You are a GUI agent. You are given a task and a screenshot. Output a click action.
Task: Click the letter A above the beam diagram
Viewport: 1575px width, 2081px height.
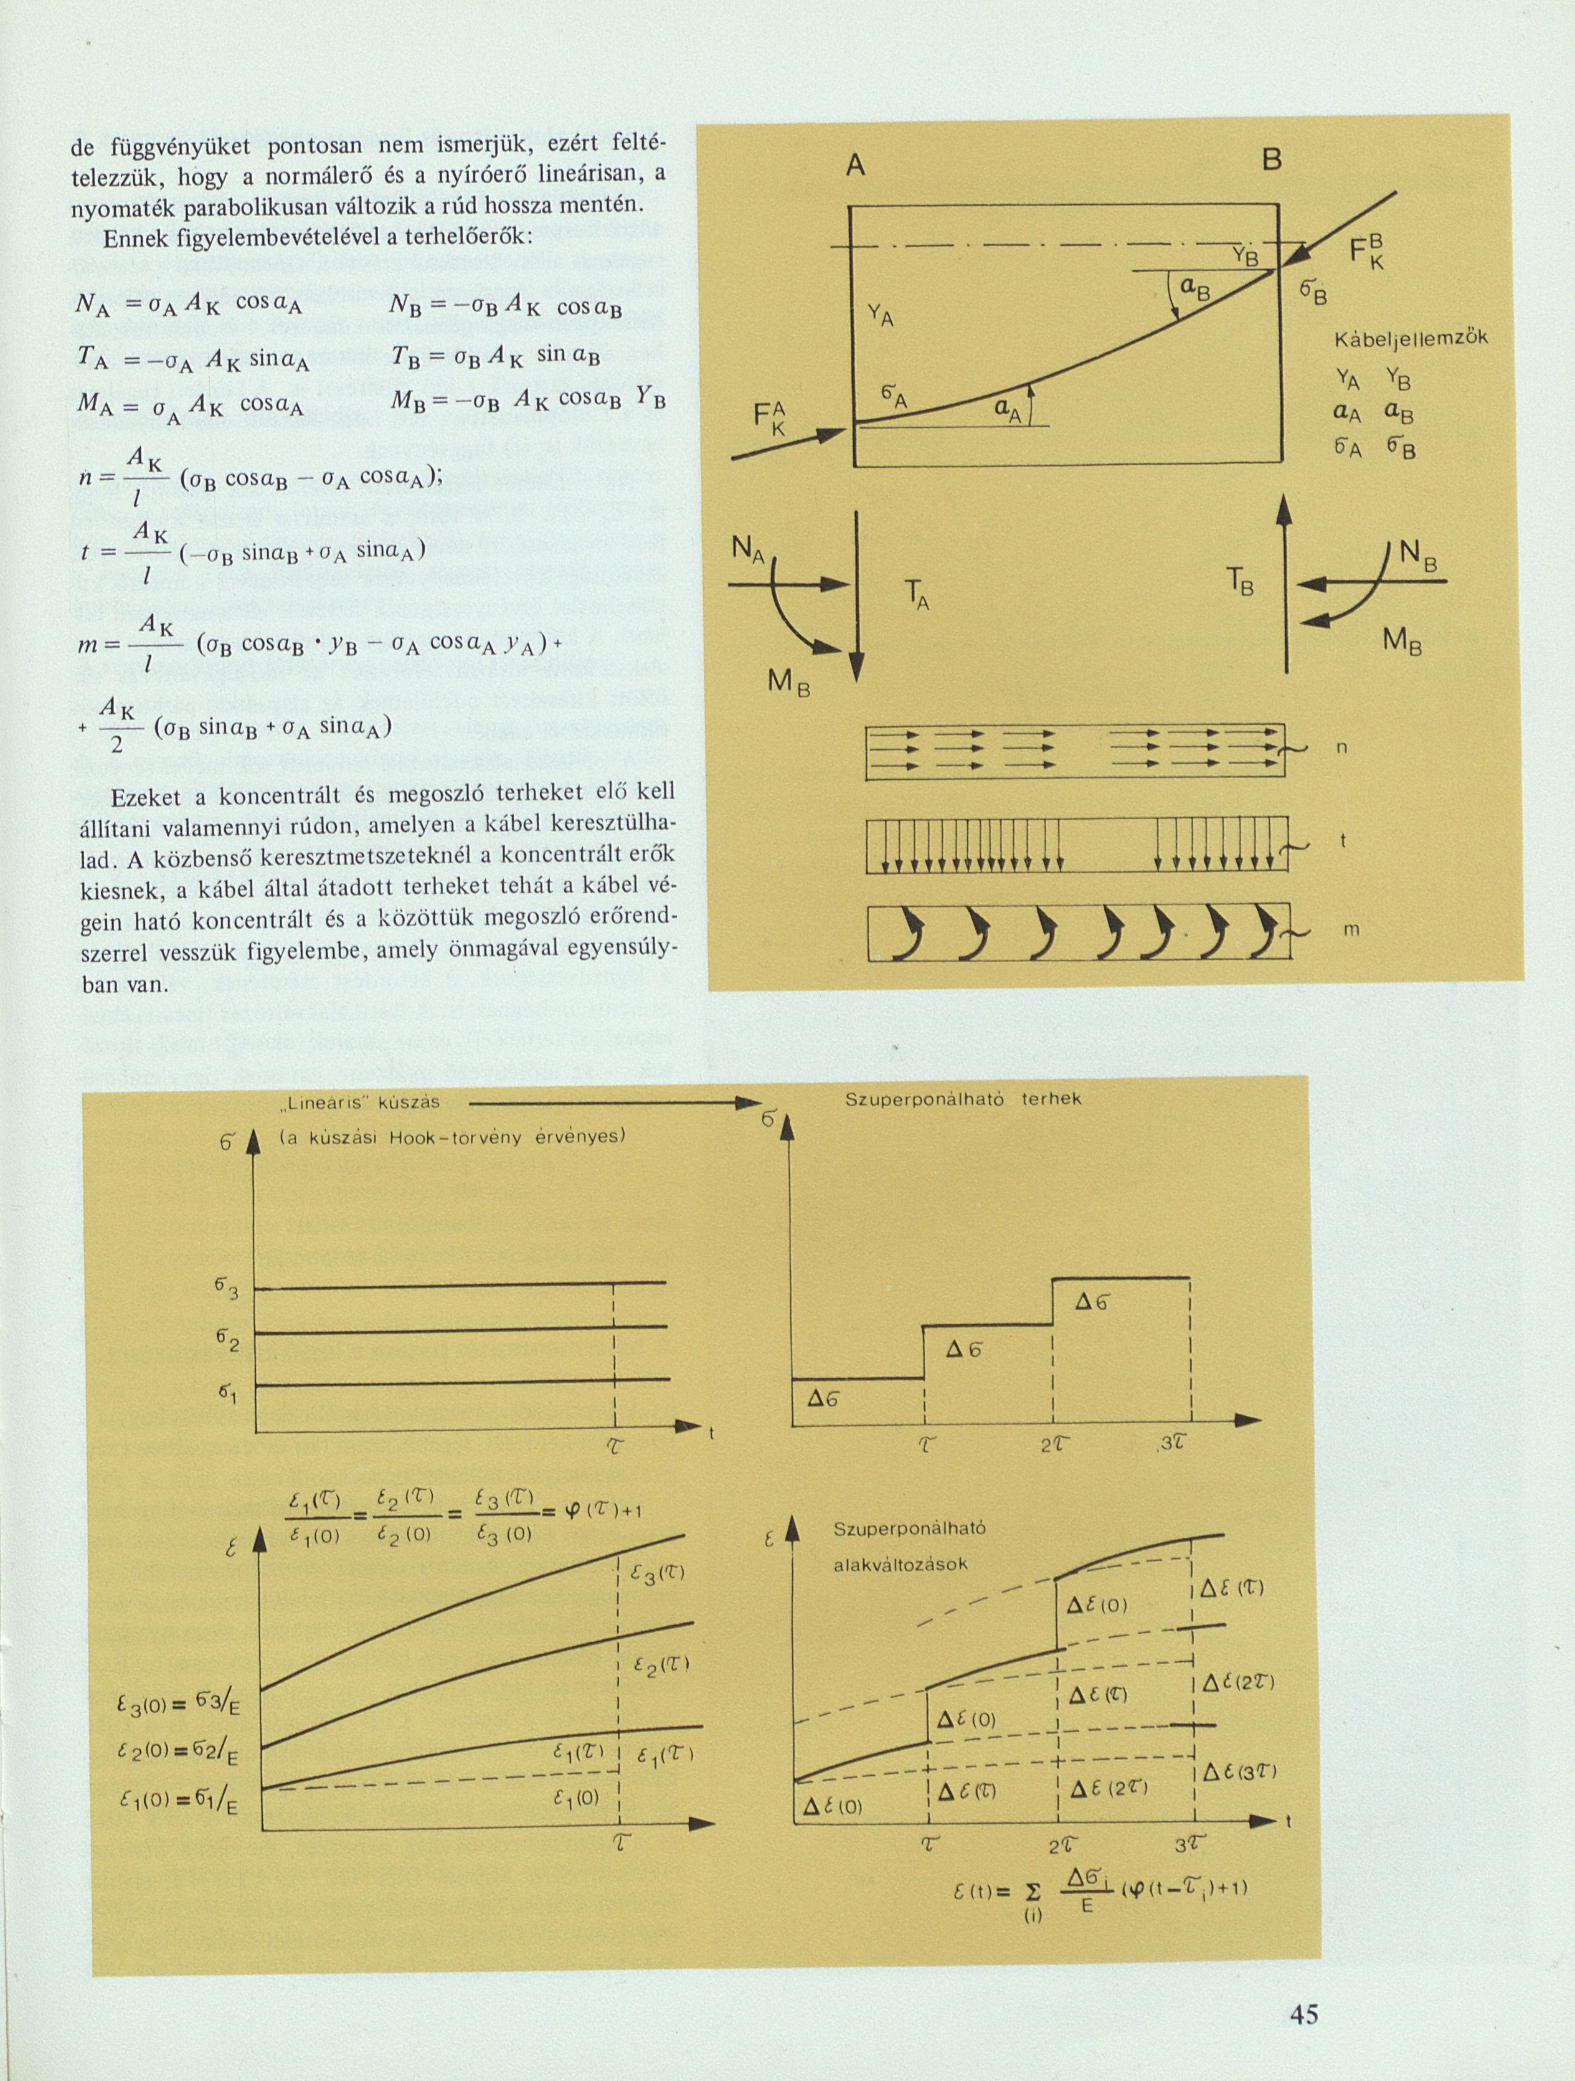click(x=854, y=166)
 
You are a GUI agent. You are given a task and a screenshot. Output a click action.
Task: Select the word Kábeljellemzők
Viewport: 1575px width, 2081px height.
click(x=1411, y=339)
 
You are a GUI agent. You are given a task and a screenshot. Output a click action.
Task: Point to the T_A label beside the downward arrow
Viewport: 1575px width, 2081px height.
click(x=916, y=595)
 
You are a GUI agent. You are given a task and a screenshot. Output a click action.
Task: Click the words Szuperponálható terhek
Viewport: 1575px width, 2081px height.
click(x=963, y=1099)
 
